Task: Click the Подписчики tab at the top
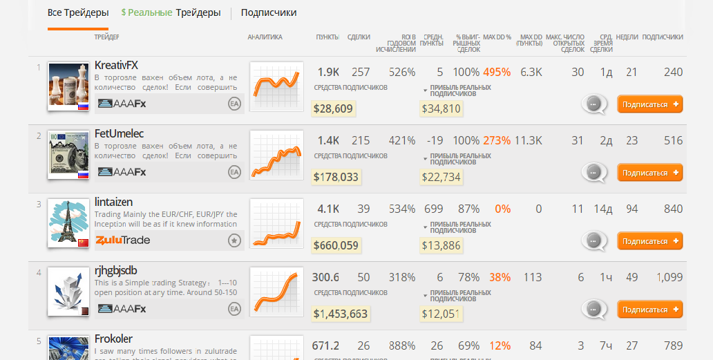(269, 12)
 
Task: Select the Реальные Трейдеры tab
(171, 12)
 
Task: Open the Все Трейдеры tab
(78, 12)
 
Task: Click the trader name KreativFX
(116, 65)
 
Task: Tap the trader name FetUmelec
(119, 133)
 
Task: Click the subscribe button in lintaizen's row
(649, 241)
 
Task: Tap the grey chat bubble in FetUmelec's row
(593, 172)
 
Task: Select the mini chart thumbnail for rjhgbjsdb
(276, 291)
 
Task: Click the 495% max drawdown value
(497, 73)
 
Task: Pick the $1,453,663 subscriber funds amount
(340, 314)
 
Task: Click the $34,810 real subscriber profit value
(441, 108)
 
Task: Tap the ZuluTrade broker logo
(123, 240)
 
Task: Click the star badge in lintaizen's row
(234, 240)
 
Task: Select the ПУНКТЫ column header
(327, 37)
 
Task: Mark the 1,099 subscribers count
(669, 277)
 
